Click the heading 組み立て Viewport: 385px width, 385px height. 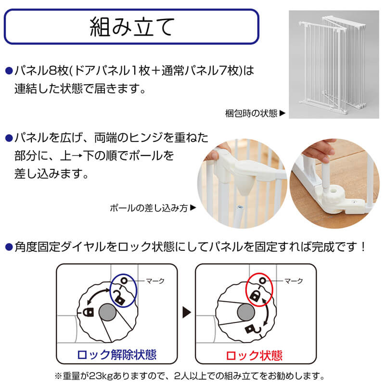coord(132,27)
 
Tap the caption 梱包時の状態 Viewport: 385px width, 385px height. coord(251,113)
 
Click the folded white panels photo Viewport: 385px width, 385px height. coord(334,64)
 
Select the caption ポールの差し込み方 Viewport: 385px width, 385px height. coord(149,208)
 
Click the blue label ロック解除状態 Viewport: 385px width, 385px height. coord(116,355)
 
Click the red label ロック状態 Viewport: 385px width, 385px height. coord(254,355)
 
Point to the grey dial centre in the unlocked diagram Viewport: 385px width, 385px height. coord(107,312)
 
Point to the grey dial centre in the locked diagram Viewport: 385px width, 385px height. coord(246,312)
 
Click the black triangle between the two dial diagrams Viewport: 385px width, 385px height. coord(186,312)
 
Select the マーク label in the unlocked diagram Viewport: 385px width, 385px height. coord(155,281)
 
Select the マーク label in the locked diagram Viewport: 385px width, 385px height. coord(294,281)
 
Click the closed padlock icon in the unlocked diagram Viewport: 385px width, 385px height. coord(89,311)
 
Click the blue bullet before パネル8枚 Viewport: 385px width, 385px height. coord(9,71)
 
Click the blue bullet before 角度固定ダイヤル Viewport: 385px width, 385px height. coord(9,247)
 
